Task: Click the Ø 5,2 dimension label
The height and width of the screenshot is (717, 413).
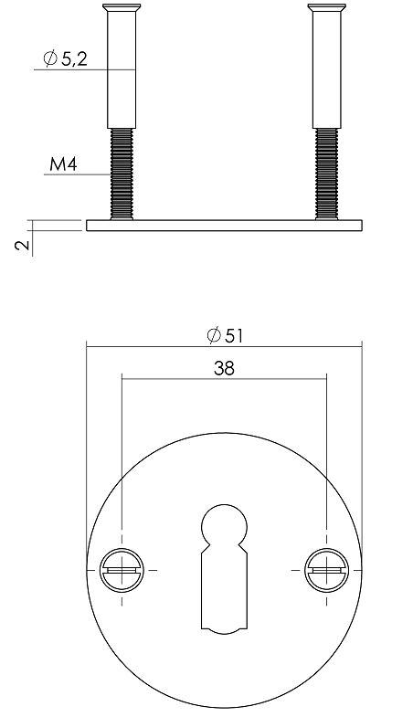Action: pos(66,60)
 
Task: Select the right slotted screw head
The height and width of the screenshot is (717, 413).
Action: pos(325,570)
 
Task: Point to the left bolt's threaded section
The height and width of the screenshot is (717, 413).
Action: pos(121,174)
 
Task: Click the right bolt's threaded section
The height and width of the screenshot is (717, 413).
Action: pos(325,174)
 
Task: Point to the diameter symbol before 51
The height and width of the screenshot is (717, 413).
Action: pos(212,335)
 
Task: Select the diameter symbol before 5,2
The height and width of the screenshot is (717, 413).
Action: pos(50,60)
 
